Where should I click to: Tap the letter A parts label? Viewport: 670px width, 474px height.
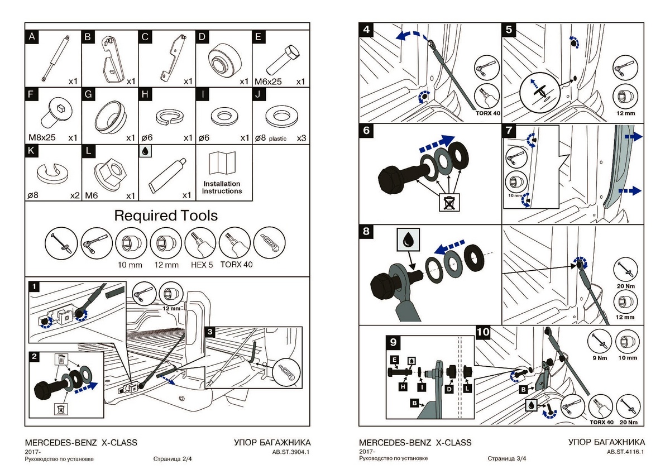32,37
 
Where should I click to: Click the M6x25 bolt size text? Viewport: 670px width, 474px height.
268,82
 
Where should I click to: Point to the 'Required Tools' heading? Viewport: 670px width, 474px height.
166,216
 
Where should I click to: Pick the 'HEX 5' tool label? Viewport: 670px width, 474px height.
202,265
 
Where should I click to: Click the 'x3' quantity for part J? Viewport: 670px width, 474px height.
301,137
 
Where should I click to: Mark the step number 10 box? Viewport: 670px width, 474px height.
484,333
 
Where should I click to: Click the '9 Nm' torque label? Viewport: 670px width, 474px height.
600,358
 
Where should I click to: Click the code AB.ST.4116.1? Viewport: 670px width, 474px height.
626,452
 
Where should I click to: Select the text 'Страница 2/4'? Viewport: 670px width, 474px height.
173,459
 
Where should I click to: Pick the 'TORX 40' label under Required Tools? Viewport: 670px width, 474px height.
237,265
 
